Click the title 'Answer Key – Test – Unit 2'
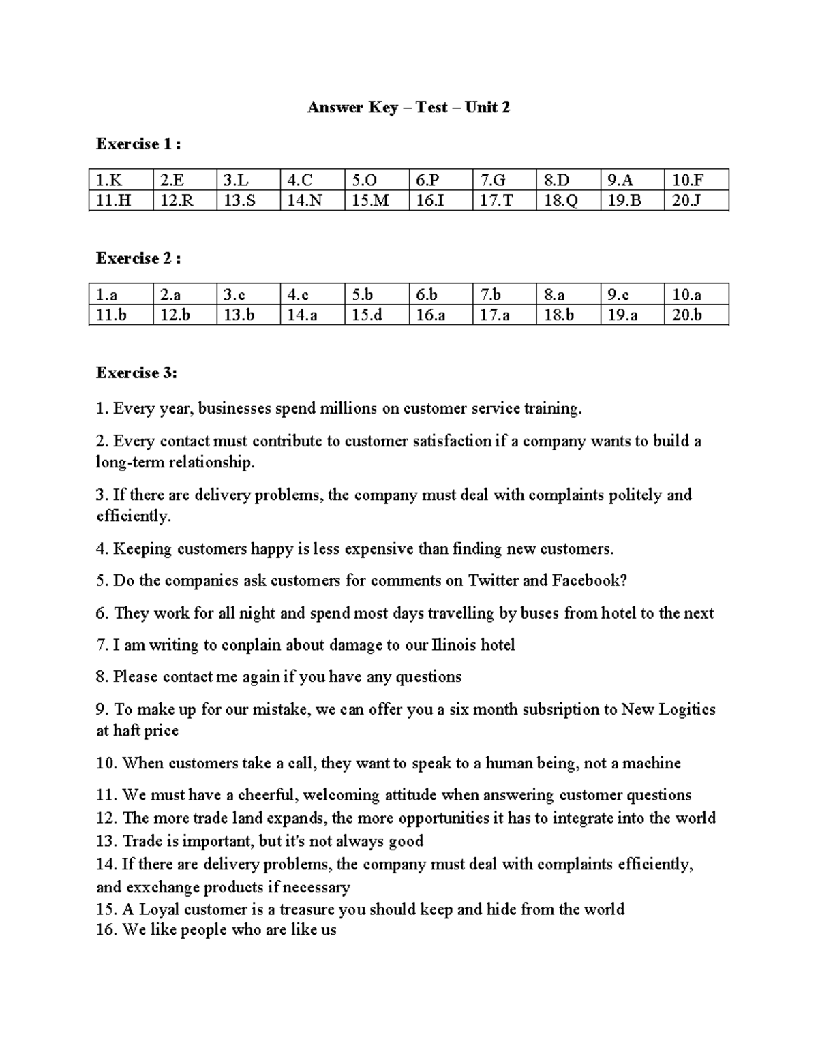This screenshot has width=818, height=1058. (408, 108)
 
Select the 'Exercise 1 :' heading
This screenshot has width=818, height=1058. (138, 144)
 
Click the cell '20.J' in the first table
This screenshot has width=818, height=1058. (686, 201)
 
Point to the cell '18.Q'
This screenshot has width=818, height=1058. (560, 201)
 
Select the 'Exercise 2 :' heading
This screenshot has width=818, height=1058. (138, 259)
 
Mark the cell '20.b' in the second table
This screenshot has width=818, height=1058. (686, 315)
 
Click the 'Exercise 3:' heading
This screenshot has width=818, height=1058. (136, 373)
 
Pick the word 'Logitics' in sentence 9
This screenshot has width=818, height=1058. (685, 710)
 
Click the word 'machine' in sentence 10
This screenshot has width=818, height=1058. (654, 763)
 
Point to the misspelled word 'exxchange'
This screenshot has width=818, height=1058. (162, 888)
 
